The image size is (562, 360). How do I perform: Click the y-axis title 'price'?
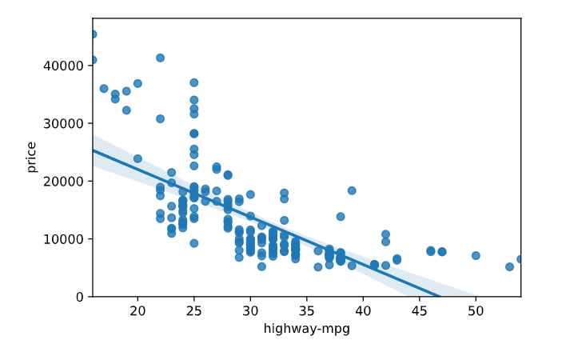[x=32, y=157]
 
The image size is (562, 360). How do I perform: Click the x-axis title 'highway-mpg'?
[x=307, y=329]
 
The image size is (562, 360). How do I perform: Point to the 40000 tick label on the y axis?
[x=68, y=66]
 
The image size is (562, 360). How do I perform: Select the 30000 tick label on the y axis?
[x=68, y=123]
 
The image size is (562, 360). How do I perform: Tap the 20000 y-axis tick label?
[x=68, y=181]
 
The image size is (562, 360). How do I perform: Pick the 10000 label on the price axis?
[x=68, y=239]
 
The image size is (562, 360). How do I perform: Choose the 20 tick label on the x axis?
[x=138, y=310]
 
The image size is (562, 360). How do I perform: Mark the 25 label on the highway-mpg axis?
[x=194, y=310]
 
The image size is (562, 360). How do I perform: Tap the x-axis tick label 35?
[x=307, y=310]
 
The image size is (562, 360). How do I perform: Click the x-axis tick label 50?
[x=476, y=310]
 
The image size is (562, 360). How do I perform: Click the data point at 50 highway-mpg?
[x=476, y=256]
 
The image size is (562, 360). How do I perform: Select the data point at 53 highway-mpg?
[x=509, y=266]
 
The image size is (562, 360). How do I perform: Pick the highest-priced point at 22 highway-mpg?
[x=160, y=58]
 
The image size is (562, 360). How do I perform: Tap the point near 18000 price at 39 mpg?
[x=352, y=190]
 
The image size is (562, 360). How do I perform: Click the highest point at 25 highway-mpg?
[x=194, y=82]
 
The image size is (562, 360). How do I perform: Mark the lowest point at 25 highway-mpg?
[x=194, y=243]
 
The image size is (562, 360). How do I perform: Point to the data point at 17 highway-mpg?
[x=104, y=89]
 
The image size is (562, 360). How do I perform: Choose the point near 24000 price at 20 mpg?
[x=138, y=158]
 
